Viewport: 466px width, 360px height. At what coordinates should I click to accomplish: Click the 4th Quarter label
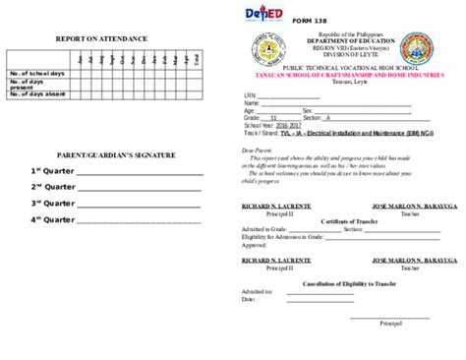tap(49, 219)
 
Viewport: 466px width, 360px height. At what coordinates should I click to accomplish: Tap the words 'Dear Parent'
tap(257, 150)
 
